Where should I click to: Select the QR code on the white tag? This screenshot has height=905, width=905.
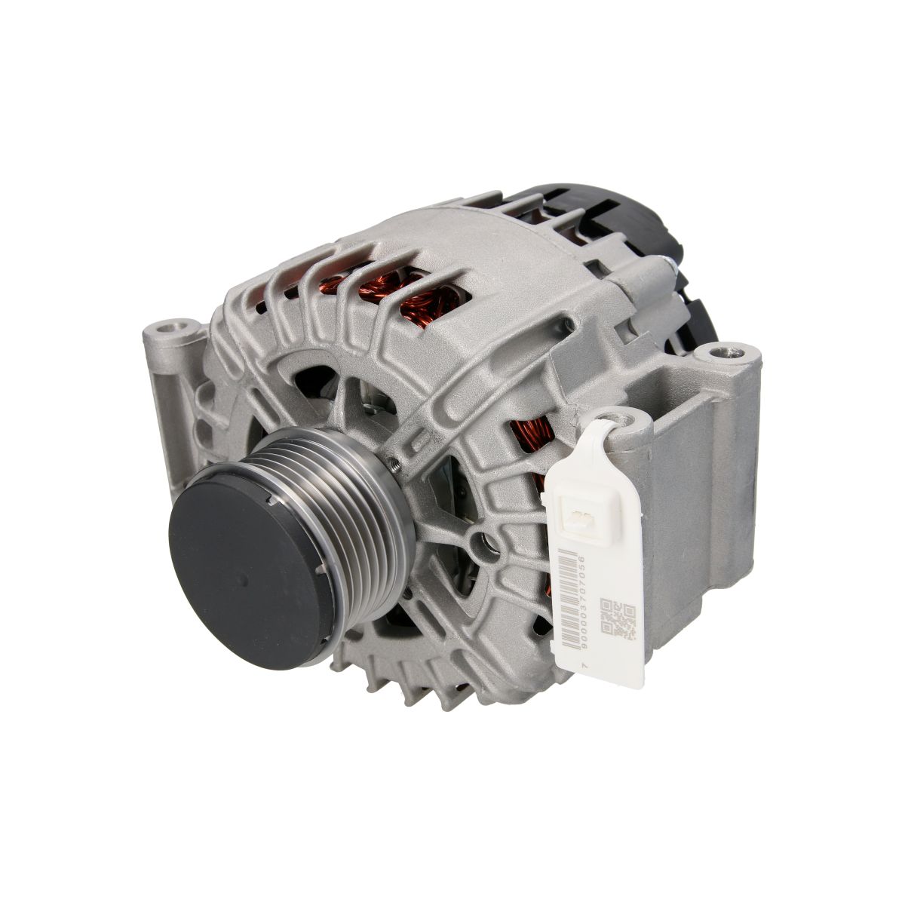617,618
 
